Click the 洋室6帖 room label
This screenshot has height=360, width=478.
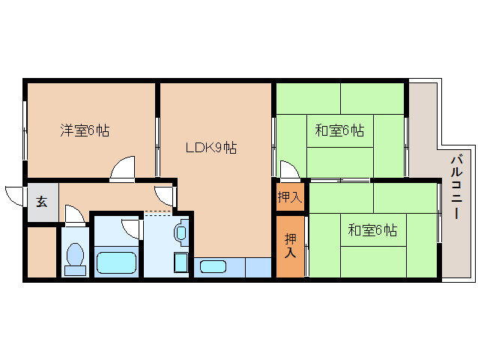[85, 130]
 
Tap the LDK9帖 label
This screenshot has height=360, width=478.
[211, 148]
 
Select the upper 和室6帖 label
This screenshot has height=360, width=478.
[339, 130]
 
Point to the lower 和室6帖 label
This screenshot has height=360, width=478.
[372, 230]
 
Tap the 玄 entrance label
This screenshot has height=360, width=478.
[42, 201]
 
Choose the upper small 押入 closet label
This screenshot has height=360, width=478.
[289, 197]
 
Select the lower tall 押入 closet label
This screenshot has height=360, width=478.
[290, 245]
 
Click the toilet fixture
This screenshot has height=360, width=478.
[74, 258]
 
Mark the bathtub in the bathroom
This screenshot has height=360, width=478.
[116, 263]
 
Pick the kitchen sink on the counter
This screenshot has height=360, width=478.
[214, 265]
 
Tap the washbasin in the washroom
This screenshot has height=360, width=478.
[182, 233]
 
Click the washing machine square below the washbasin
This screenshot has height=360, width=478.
[181, 263]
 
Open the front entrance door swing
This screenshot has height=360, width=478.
[15, 195]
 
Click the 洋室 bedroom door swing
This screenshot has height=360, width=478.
[122, 169]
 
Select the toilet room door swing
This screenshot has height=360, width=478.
[74, 216]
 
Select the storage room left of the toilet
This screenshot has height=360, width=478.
[41, 251]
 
